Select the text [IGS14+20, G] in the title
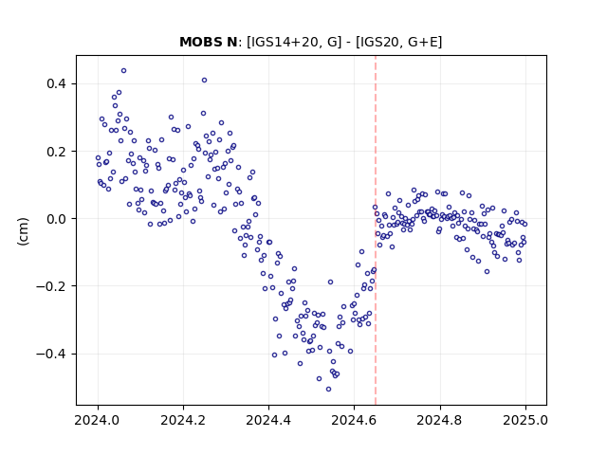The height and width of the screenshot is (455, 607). (294, 42)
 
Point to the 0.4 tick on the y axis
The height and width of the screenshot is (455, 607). (57, 83)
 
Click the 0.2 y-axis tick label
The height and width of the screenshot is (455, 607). (57, 152)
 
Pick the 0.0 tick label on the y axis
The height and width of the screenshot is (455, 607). (57, 219)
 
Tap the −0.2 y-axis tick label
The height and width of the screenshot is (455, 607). (51, 286)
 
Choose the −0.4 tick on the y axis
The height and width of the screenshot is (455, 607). (51, 354)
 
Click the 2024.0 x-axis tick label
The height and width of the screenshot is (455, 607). (98, 420)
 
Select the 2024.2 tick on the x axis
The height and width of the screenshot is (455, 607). (183, 420)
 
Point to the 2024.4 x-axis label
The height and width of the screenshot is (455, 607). (268, 420)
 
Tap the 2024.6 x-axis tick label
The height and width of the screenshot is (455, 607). (354, 420)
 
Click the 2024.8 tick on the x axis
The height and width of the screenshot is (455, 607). (440, 420)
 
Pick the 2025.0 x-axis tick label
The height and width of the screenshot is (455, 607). (525, 420)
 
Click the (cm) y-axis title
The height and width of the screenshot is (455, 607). (23, 231)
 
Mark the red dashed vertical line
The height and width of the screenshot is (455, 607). (376, 230)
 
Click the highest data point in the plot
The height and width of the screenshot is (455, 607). (124, 71)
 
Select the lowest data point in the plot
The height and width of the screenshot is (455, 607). (329, 390)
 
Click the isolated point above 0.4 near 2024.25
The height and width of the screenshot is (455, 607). (205, 80)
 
